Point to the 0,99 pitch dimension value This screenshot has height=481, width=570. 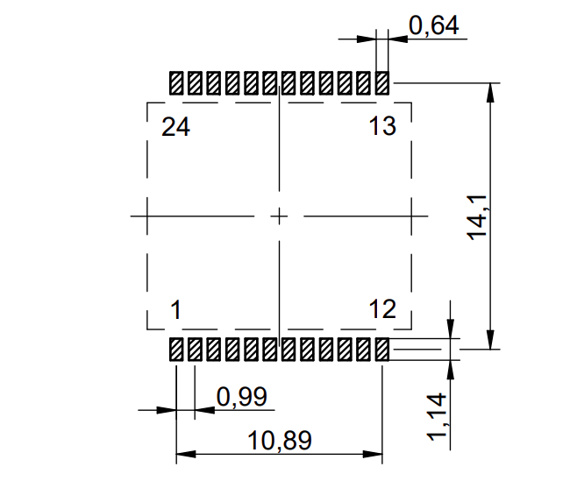240,397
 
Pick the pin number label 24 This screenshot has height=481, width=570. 175,127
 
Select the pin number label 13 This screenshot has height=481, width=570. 382,127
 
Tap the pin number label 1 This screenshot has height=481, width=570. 175,310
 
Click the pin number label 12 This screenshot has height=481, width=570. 382,310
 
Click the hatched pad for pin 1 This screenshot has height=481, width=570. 176,350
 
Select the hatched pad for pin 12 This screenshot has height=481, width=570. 382,350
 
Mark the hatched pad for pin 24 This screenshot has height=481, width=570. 176,83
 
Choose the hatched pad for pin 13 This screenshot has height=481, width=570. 382,83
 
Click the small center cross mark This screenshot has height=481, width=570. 279,216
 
